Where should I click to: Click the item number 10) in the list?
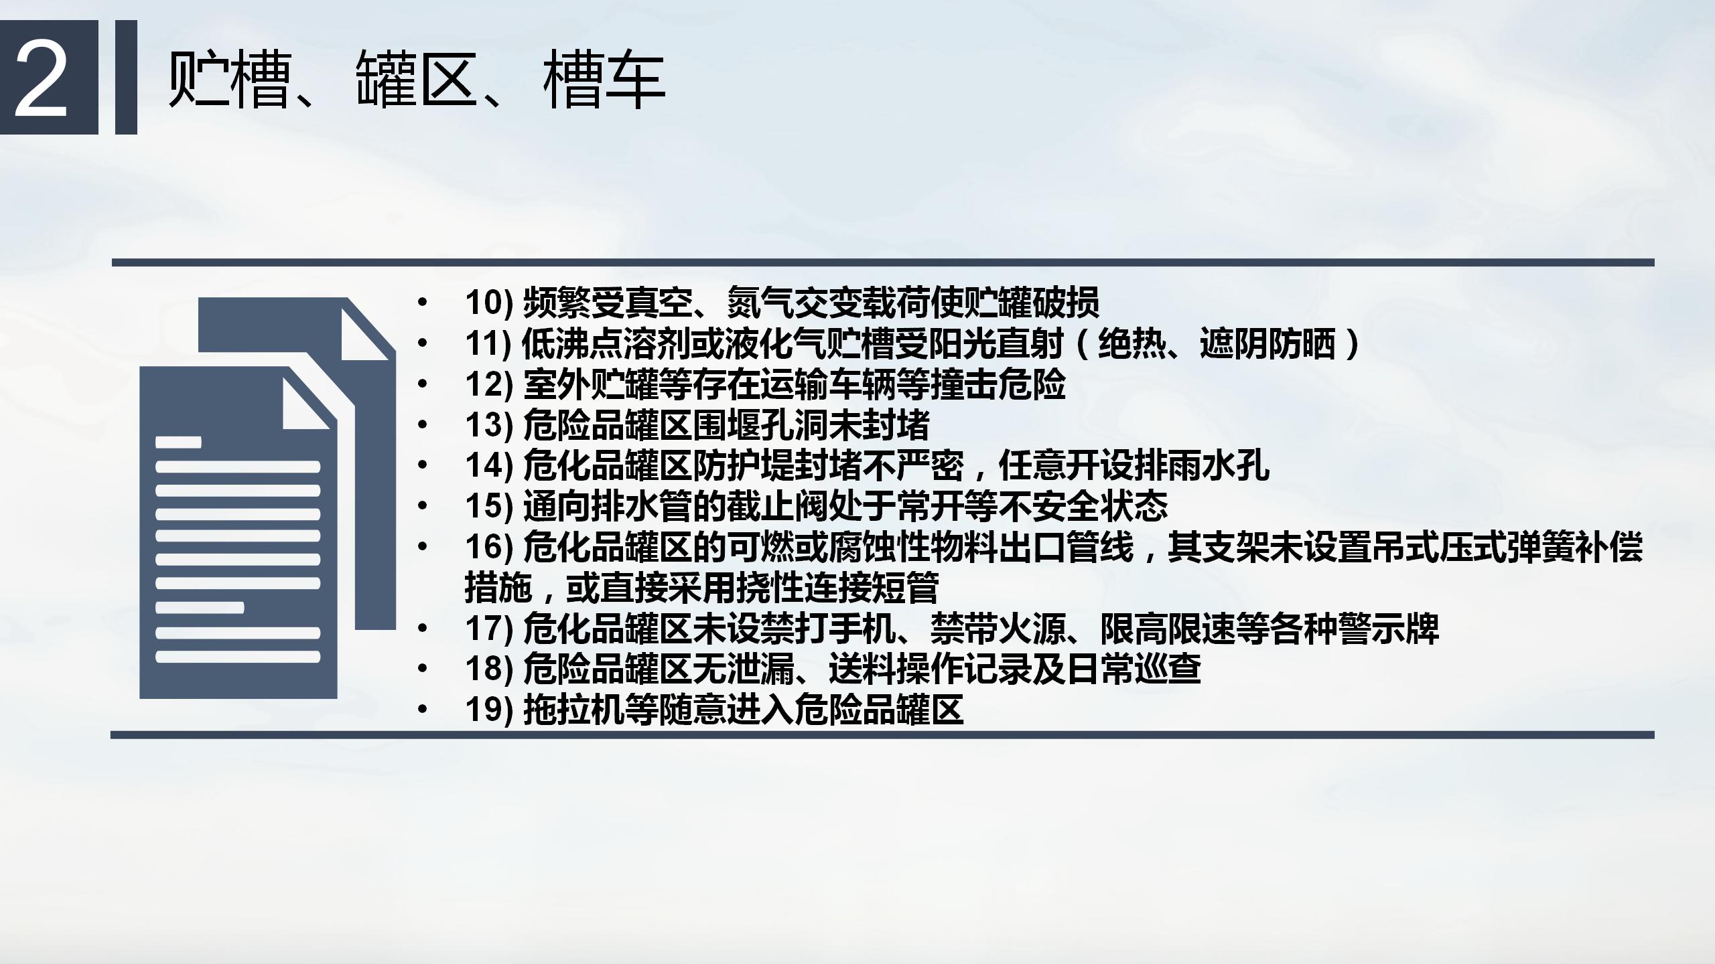[489, 303]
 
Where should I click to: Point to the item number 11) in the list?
[489, 343]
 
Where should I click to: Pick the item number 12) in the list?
[489, 384]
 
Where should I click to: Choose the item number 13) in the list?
[489, 425]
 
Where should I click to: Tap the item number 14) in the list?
[489, 466]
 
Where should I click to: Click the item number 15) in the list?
[489, 507]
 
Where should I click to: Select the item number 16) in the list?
[489, 548]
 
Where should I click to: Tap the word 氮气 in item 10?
[761, 303]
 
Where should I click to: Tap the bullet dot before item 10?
[421, 303]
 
